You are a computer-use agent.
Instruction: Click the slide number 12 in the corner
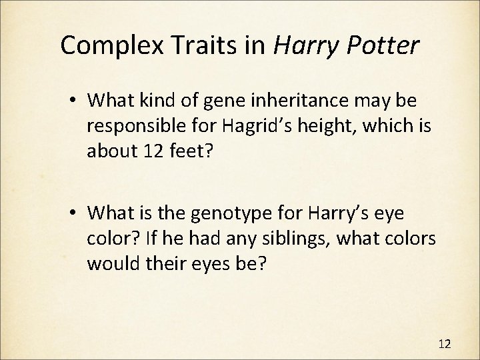point(445,343)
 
